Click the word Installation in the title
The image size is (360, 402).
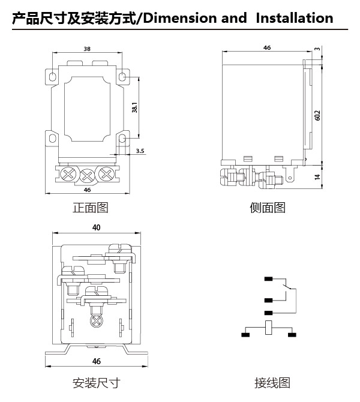(x=295, y=18)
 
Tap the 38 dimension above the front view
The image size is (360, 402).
(x=87, y=49)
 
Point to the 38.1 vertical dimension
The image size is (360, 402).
(x=134, y=107)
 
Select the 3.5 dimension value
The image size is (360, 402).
(x=140, y=151)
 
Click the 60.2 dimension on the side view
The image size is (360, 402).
(x=317, y=115)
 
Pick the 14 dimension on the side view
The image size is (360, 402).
(x=317, y=176)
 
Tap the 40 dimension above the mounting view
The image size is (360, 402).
(x=97, y=227)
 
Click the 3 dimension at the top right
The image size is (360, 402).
(x=317, y=49)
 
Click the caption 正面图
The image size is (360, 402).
(x=90, y=208)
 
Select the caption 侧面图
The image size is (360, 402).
(x=268, y=208)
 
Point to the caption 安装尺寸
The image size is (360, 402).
(x=97, y=383)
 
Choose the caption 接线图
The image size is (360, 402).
(x=272, y=383)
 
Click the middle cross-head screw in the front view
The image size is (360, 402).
(x=88, y=176)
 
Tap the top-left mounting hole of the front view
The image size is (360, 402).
(x=52, y=76)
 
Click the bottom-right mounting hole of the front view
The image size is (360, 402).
(x=123, y=139)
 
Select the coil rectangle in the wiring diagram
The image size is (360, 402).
(x=268, y=328)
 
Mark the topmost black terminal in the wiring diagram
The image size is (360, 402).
(x=268, y=278)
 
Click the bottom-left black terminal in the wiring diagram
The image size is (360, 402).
(x=245, y=335)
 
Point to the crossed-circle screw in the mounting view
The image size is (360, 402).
(x=97, y=321)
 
